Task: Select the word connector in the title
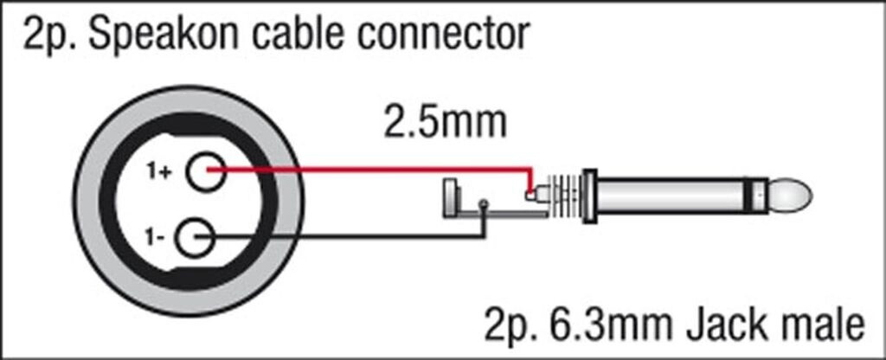(447, 35)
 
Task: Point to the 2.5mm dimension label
(445, 123)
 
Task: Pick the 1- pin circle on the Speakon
(195, 238)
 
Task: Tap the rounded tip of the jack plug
(790, 195)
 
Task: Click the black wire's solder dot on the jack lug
(483, 203)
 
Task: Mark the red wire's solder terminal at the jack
(530, 196)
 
